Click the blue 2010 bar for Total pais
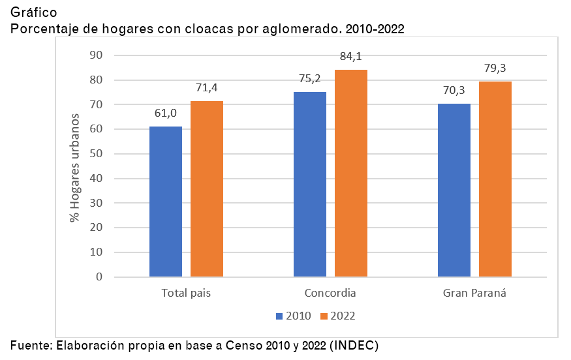[166, 202]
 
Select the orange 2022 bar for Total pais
[207, 189]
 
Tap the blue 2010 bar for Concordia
[310, 185]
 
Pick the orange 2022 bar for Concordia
[351, 173]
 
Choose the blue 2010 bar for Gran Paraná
[454, 190]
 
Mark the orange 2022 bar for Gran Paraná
[495, 179]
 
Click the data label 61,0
[166, 113]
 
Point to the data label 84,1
[351, 57]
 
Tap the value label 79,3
[495, 68]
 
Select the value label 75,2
[309, 79]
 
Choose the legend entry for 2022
[337, 316]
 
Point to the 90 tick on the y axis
[97, 55]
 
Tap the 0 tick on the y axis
[99, 277]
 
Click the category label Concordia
[330, 293]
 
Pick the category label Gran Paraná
[474, 293]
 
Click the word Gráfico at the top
[33, 12]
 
